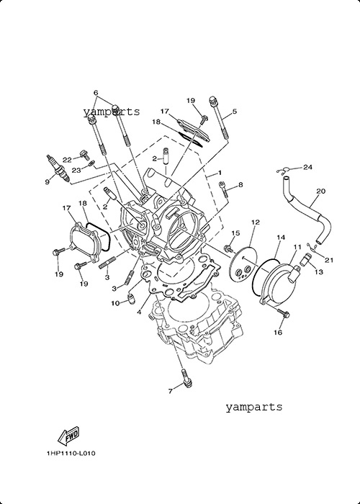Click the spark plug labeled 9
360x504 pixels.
pos(58,168)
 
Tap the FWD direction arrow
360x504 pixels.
pos(68,436)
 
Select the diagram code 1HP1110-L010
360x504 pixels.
pos(71,454)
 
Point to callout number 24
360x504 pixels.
pos(307,167)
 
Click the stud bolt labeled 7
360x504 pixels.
pos(186,377)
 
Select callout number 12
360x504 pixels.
pos(255,222)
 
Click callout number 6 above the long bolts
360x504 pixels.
pos(96,93)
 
